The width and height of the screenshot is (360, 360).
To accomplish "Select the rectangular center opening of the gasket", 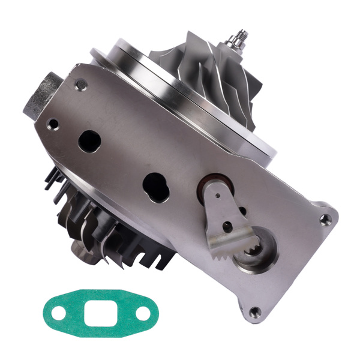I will (100, 313).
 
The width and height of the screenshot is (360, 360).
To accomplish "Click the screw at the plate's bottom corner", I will (255, 311).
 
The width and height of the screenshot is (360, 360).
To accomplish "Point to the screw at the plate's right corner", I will (325, 220).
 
